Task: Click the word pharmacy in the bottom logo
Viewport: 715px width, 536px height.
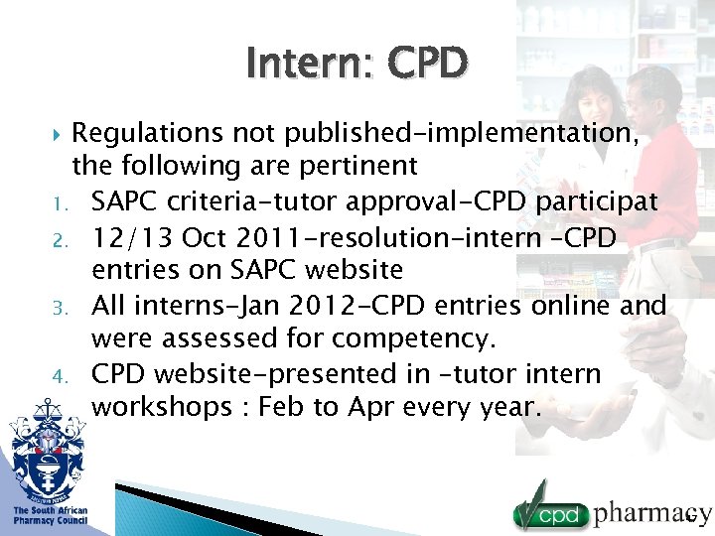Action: (x=650, y=512)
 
